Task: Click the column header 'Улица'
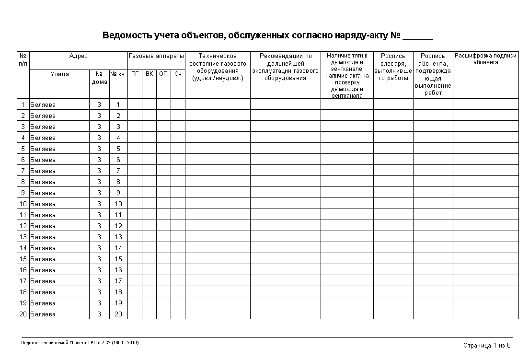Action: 59,74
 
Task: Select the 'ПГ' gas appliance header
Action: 135,74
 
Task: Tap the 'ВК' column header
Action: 149,74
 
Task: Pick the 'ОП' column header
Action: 163,74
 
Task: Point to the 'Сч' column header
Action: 178,74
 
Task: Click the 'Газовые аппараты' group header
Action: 156,57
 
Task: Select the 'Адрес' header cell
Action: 79,57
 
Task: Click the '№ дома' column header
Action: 99,78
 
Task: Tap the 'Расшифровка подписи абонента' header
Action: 485,59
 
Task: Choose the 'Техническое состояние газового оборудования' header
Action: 218,67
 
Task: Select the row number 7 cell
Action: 23,171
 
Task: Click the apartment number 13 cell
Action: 118,237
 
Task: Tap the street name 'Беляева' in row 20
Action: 43,314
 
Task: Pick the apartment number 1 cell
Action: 118,105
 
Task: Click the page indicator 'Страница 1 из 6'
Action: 487,346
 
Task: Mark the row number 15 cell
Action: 23,259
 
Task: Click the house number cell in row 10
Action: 99,204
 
